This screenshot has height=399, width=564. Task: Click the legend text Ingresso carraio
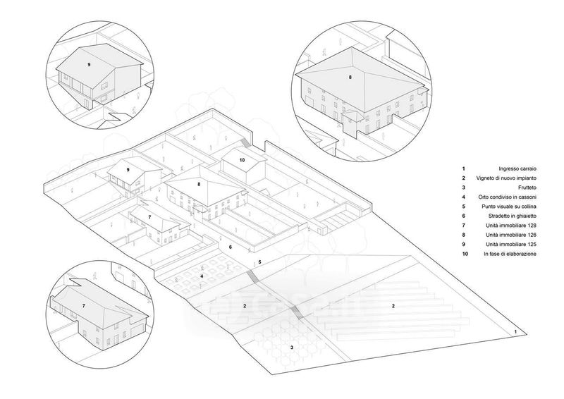[517, 168]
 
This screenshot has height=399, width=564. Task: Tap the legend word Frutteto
[526, 190]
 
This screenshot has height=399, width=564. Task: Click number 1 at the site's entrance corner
[515, 331]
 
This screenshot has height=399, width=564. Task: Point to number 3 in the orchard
[291, 348]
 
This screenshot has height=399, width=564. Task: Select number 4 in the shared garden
[202, 276]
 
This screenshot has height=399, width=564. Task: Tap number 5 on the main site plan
[259, 262]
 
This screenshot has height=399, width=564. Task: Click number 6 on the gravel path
[230, 247]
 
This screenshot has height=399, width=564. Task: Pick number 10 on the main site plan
[242, 161]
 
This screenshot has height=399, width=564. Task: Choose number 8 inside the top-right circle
[350, 76]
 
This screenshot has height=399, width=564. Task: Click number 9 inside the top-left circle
[89, 64]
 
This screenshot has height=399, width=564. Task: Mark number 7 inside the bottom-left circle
[83, 306]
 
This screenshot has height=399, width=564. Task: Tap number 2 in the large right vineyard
[393, 306]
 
